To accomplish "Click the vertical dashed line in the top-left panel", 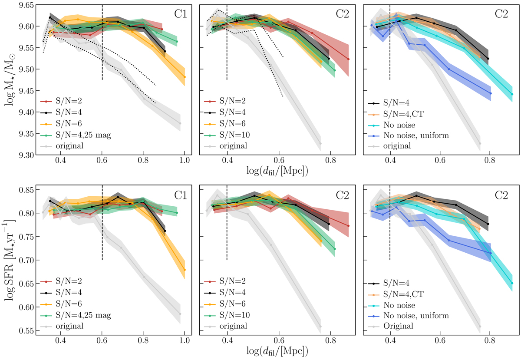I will (x=102, y=43).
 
